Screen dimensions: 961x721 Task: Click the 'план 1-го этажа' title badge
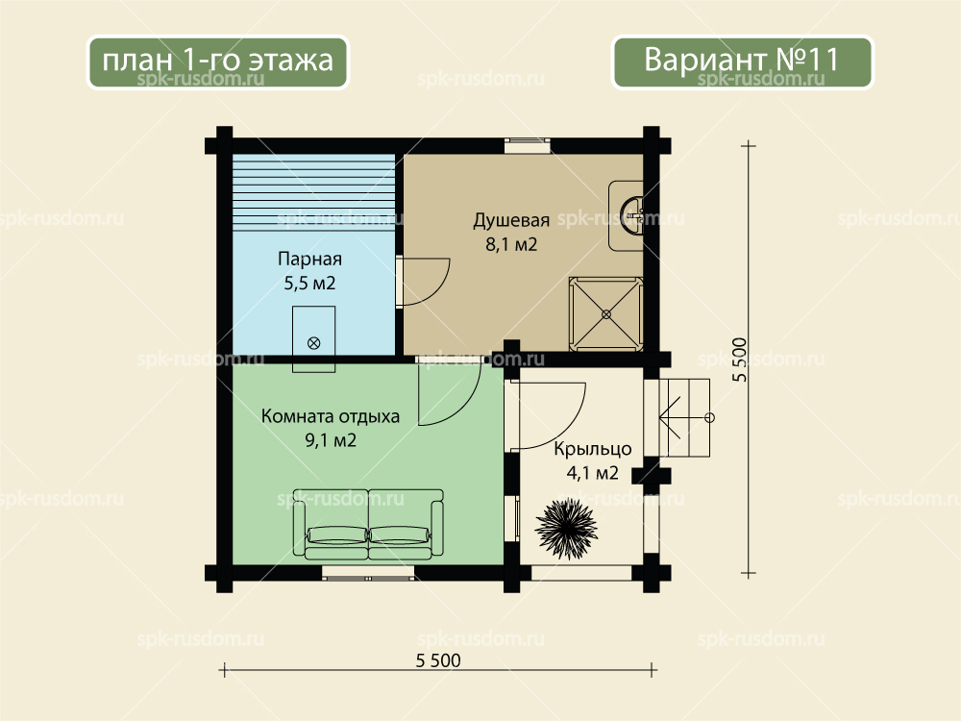pyautogui.click(x=217, y=62)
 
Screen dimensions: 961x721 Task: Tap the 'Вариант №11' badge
pyautogui.click(x=742, y=62)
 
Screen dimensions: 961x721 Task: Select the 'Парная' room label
pyautogui.click(x=309, y=259)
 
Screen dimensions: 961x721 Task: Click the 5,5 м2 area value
pyautogui.click(x=309, y=284)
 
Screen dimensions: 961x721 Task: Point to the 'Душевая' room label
pyautogui.click(x=511, y=220)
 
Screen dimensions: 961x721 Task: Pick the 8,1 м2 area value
pyautogui.click(x=511, y=244)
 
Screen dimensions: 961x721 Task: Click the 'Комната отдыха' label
pyautogui.click(x=331, y=416)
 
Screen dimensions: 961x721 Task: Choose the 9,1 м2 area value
pyautogui.click(x=331, y=440)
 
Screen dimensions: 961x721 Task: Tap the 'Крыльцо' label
pyautogui.click(x=593, y=449)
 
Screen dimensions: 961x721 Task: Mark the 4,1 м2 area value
pyautogui.click(x=593, y=473)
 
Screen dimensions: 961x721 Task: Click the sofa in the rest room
pyautogui.click(x=368, y=524)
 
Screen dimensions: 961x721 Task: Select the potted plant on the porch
pyautogui.click(x=566, y=527)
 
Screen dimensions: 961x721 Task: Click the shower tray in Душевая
pyautogui.click(x=606, y=314)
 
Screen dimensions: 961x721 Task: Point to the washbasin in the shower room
pyautogui.click(x=627, y=215)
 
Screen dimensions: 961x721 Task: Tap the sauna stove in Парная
pyautogui.click(x=313, y=339)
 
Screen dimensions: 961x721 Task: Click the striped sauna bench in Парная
pyautogui.click(x=313, y=189)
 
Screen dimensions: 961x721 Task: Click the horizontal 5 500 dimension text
pyautogui.click(x=438, y=660)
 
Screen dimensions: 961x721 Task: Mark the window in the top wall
pyautogui.click(x=527, y=145)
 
